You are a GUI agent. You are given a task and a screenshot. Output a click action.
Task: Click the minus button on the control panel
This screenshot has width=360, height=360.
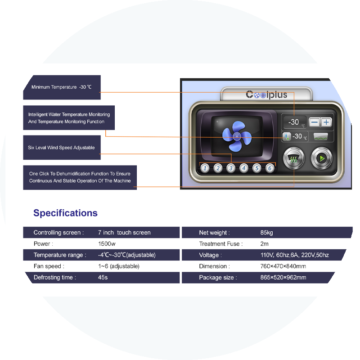click(314, 122)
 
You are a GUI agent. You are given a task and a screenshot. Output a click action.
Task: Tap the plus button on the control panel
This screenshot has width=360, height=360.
click(326, 122)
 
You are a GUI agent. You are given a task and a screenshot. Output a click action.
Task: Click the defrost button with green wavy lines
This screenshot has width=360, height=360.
click(294, 158)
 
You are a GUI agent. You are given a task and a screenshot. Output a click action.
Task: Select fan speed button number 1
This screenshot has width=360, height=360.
click(205, 168)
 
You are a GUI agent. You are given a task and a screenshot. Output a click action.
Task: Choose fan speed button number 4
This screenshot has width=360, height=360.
click(244, 168)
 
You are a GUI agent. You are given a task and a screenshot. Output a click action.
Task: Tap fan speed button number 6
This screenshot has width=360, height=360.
click(270, 168)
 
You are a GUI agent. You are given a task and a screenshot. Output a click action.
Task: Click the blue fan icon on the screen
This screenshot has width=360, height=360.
click(237, 136)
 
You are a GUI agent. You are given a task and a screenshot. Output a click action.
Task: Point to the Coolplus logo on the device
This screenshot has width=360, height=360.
click(266, 94)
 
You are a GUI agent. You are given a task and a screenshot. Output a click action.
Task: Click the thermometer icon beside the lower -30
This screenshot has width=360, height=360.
click(287, 137)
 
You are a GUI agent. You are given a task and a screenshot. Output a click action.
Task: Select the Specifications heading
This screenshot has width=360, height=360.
click(65, 213)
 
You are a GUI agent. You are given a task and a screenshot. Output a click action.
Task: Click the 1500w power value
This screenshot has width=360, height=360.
click(107, 243)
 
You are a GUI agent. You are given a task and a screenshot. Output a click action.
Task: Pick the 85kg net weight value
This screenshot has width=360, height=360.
click(266, 233)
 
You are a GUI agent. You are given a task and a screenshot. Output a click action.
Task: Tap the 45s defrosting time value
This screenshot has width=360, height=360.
click(103, 277)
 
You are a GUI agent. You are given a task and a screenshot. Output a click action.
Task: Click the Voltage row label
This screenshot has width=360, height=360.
click(210, 255)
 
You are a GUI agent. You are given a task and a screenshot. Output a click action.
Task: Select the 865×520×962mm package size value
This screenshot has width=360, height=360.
click(283, 277)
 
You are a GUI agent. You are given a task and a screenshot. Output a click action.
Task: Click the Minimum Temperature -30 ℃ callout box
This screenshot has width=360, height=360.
click(62, 87)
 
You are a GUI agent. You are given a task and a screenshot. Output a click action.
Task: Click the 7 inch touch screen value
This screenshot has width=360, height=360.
click(124, 233)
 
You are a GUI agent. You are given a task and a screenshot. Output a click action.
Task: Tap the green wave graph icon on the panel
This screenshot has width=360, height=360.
click(320, 137)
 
